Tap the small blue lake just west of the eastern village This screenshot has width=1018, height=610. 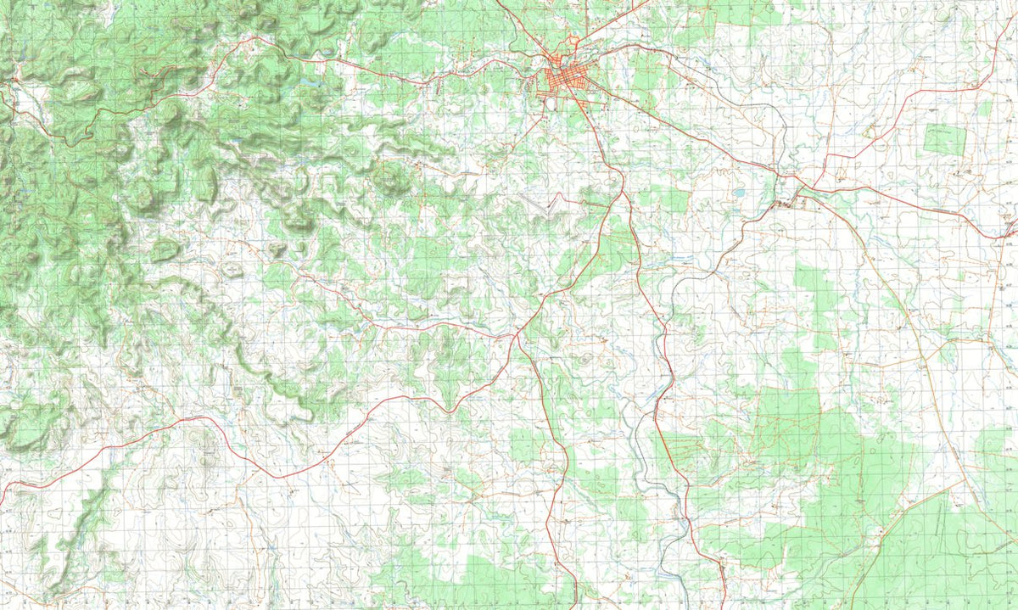point(739,193)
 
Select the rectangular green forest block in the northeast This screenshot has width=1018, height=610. point(945,139)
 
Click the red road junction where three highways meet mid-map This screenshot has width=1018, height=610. point(516,335)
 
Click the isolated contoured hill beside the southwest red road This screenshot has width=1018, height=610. point(204,441)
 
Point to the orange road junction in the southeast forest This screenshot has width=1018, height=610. point(857,501)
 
